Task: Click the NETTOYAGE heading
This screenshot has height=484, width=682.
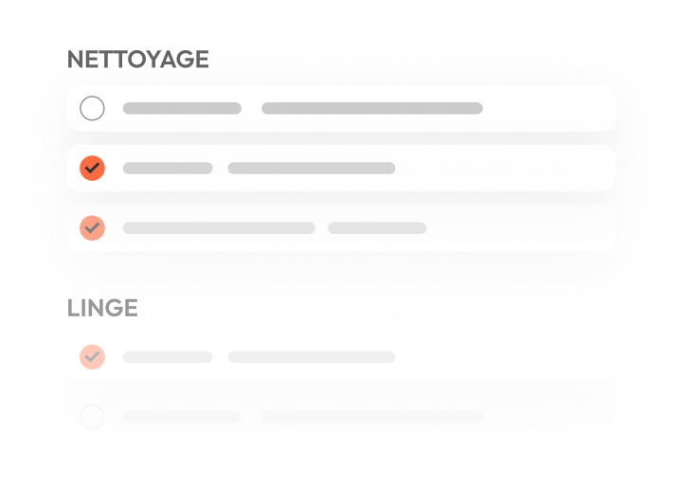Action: click(138, 60)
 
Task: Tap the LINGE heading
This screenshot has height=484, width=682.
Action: click(102, 309)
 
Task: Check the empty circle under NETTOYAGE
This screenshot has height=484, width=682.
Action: click(92, 108)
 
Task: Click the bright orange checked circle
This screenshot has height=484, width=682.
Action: click(92, 168)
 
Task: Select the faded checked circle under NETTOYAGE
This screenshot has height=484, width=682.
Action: click(92, 228)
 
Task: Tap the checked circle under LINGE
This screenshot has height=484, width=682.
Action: click(92, 357)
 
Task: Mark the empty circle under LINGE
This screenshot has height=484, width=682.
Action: click(92, 417)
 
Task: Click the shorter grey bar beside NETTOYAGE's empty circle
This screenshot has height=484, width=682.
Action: click(182, 108)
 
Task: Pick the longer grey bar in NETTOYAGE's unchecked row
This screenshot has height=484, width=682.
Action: click(372, 108)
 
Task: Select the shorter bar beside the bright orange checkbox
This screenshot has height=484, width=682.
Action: click(168, 168)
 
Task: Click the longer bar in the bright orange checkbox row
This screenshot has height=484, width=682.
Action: click(312, 168)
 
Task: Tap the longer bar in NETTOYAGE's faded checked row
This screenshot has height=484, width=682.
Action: click(219, 228)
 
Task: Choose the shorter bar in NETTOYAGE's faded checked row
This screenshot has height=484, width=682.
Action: click(377, 228)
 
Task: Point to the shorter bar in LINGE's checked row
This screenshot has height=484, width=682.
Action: click(168, 357)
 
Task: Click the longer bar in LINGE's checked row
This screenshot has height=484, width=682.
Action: click(312, 357)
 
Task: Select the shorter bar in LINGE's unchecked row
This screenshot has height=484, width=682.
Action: click(182, 417)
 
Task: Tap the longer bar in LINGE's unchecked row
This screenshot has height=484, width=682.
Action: click(372, 417)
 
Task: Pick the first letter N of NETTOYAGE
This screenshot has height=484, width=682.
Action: click(76, 60)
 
